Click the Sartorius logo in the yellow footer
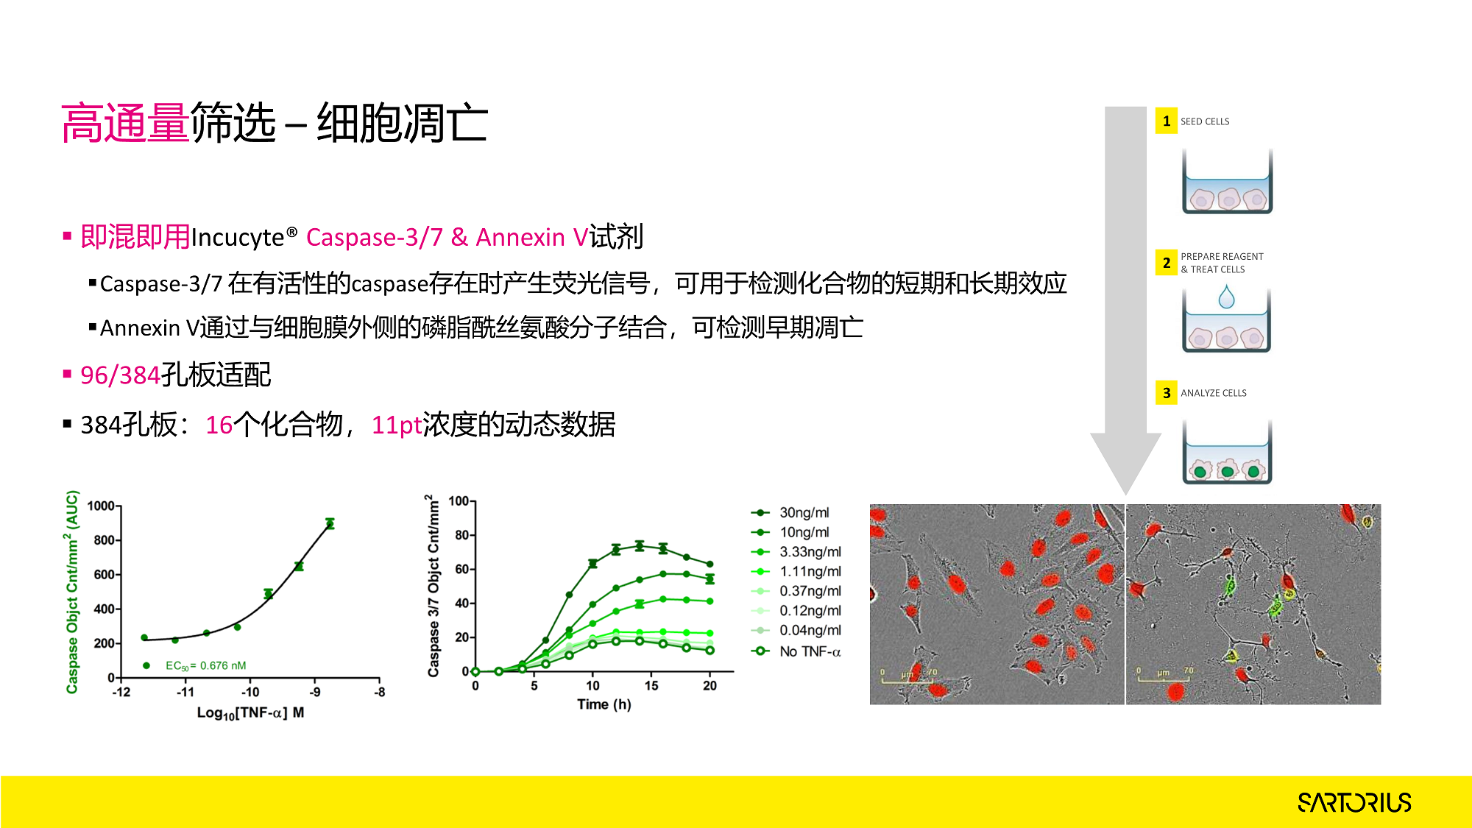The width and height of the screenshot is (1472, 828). click(1354, 802)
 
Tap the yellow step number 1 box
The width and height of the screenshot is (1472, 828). click(1166, 121)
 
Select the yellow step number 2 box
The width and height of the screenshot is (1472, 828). click(1166, 263)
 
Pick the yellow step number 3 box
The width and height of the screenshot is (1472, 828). click(1166, 393)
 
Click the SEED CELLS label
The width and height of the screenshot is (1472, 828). click(1205, 121)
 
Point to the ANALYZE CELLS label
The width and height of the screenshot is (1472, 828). click(1214, 393)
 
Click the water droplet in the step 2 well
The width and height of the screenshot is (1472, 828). click(1226, 297)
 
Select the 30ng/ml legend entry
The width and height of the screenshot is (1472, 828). click(790, 512)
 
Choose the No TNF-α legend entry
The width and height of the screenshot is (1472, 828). click(796, 651)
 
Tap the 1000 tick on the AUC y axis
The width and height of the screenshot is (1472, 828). click(101, 506)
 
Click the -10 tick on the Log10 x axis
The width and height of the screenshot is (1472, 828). click(250, 692)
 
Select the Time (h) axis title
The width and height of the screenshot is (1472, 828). click(604, 704)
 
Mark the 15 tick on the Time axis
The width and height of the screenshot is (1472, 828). click(651, 685)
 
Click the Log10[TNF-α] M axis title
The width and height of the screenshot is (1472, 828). click(250, 712)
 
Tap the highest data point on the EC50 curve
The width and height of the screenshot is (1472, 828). click(330, 523)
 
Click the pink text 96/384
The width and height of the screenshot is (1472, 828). click(120, 375)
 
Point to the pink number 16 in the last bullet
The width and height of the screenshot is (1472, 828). click(219, 425)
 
